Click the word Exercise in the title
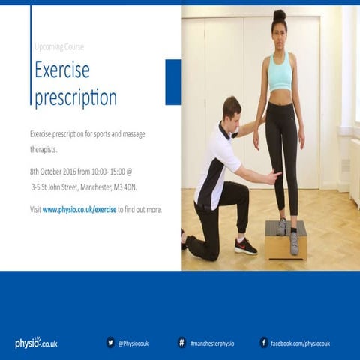pyautogui.click(x=62, y=70)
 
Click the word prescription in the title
pyautogui.click(x=76, y=97)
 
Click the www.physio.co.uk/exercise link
pyautogui.click(x=79, y=210)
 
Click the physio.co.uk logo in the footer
pyautogui.click(x=36, y=343)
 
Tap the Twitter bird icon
pyautogui.click(x=110, y=343)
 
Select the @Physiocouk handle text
pyautogui.click(x=133, y=343)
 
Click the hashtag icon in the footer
pyautogui.click(x=181, y=343)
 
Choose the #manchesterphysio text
pyautogui.click(x=212, y=343)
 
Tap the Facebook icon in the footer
pyautogui.click(x=263, y=343)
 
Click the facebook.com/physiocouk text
pyautogui.click(x=300, y=343)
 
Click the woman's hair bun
pyautogui.click(x=279, y=15)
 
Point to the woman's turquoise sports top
pyautogui.click(x=280, y=73)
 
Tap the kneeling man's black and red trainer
pyautogui.click(x=244, y=246)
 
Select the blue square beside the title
pyautogui.click(x=172, y=82)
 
